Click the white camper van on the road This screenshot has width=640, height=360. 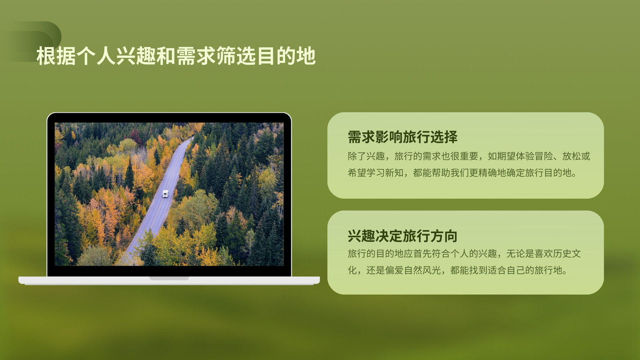[166, 194]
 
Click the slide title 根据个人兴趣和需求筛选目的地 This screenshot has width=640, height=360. [176, 56]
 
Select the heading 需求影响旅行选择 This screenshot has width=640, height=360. [402, 137]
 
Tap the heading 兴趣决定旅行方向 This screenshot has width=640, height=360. [402, 236]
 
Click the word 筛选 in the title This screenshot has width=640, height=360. [236, 56]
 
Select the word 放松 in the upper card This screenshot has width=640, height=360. [572, 156]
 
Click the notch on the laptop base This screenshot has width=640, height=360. [169, 278]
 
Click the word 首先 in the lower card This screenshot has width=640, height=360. [422, 254]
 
